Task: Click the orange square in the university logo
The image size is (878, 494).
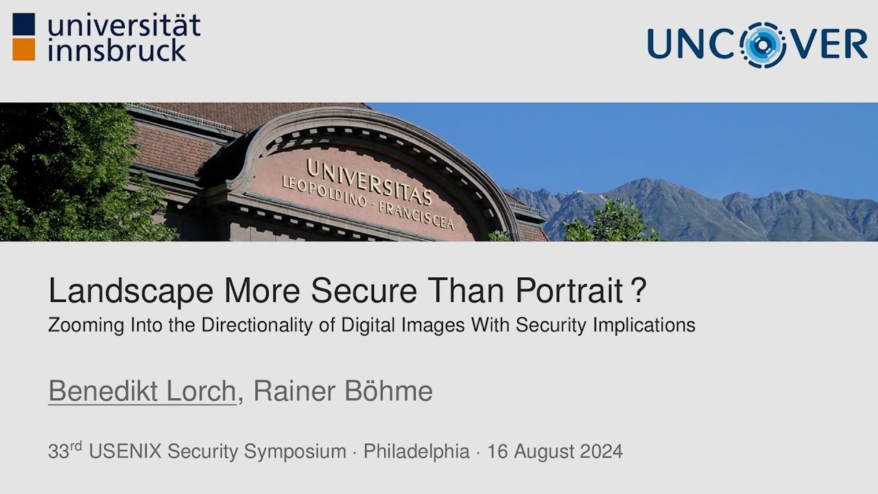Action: tap(23, 49)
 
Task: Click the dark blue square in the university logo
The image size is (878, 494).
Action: tap(23, 24)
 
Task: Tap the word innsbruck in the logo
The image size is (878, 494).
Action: tap(117, 51)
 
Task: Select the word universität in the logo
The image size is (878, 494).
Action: tap(124, 25)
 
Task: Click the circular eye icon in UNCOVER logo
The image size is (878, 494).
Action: tap(763, 45)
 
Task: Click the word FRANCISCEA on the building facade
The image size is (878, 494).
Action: tap(416, 215)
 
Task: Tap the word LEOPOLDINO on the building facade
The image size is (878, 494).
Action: tap(324, 191)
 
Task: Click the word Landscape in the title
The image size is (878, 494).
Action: tap(131, 292)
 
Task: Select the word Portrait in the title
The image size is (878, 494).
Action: tap(569, 292)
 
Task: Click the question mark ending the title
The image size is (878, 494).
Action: tap(639, 290)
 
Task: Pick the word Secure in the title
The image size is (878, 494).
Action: tap(364, 290)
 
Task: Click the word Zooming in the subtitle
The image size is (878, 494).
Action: tap(86, 326)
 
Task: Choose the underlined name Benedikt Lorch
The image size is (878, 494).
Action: tap(142, 391)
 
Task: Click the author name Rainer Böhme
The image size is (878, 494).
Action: tap(344, 390)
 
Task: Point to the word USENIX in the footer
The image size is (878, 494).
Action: tap(126, 451)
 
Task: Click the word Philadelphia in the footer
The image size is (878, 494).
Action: tap(416, 451)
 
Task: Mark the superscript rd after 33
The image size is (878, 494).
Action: tap(76, 446)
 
